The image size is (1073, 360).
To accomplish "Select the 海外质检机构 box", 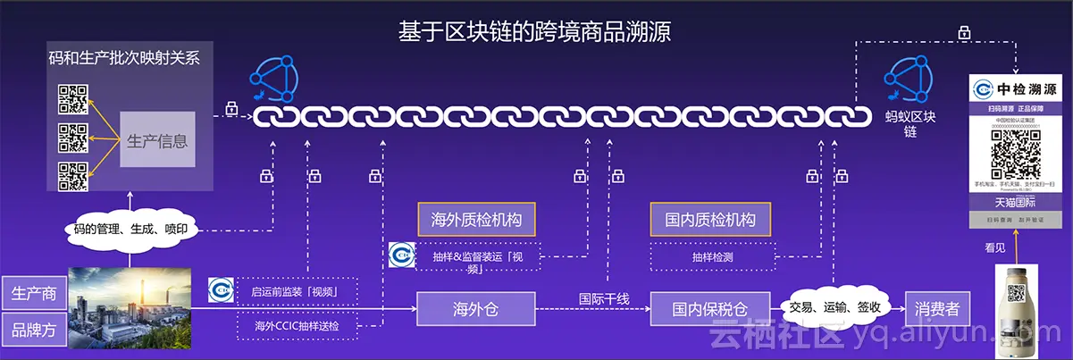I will pyautogui.click(x=476, y=219).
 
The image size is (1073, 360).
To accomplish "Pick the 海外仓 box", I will pyautogui.click(x=475, y=309).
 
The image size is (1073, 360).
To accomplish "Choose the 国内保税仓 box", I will pyautogui.click(x=709, y=309).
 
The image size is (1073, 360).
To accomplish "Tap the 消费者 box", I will pyautogui.click(x=936, y=309).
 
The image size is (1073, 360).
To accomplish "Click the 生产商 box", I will pyautogui.click(x=34, y=293).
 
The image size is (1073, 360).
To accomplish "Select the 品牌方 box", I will pyautogui.click(x=34, y=329).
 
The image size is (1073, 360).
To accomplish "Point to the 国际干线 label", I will pyautogui.click(x=604, y=298).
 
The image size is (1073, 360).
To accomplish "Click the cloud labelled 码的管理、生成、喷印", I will pyautogui.click(x=130, y=229).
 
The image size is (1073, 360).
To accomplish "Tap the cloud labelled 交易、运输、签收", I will pyautogui.click(x=834, y=308).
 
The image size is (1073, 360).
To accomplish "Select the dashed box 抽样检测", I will pyautogui.click(x=710, y=256).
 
